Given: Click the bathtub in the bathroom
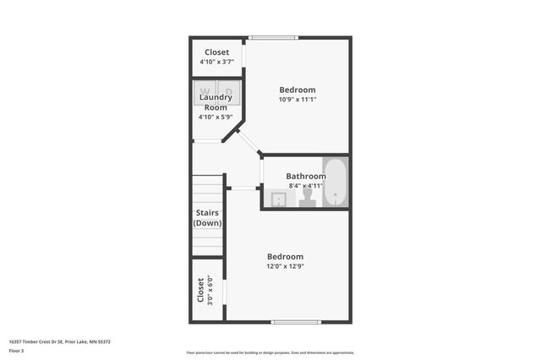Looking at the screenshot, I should pyautogui.click(x=336, y=182).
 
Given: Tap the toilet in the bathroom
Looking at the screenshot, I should pyautogui.click(x=308, y=196).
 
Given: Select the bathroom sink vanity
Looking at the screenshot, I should pyautogui.click(x=279, y=199).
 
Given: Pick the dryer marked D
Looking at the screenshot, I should pyautogui.click(x=229, y=90).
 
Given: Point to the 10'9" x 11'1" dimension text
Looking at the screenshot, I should pyautogui.click(x=298, y=100).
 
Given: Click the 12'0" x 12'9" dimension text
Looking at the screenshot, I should pyautogui.click(x=285, y=266).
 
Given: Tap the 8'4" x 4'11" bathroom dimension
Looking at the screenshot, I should pyautogui.click(x=305, y=185).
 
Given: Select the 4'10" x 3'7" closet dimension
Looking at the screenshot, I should pyautogui.click(x=216, y=62).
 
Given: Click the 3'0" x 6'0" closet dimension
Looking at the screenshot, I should pyautogui.click(x=210, y=290).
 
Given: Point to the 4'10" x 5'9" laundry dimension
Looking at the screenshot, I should pyautogui.click(x=216, y=117).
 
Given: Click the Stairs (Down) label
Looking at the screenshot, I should pyautogui.click(x=208, y=218).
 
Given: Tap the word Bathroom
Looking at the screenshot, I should pyautogui.click(x=305, y=176).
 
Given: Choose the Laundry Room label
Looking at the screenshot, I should pyautogui.click(x=216, y=102).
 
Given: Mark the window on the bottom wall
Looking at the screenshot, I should pyautogui.click(x=296, y=322).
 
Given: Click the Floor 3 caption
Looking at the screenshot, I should pyautogui.click(x=16, y=350).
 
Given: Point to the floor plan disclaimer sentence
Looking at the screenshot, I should pyautogui.click(x=270, y=352).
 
